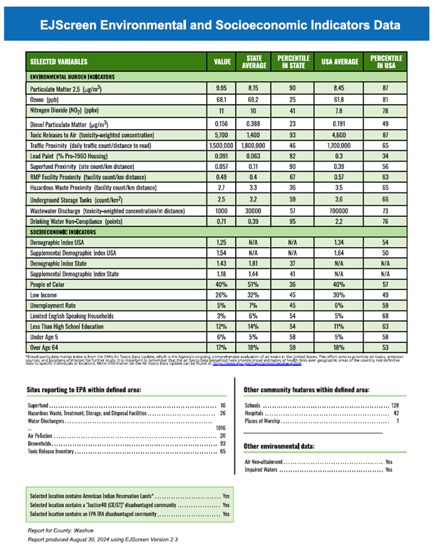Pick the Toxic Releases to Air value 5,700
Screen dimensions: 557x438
[220, 133]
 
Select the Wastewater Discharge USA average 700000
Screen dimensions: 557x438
[340, 210]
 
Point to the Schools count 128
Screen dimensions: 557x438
[394, 406]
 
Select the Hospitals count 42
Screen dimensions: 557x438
[397, 414]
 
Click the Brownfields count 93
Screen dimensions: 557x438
[222, 444]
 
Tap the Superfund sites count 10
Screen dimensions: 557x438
[223, 406]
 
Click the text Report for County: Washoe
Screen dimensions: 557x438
[62, 530]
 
